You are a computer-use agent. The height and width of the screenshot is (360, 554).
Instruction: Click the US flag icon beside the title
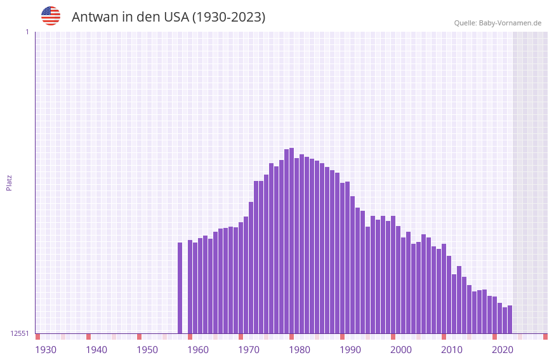[x=51, y=16]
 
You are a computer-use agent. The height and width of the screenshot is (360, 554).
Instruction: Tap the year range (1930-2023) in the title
[x=228, y=17]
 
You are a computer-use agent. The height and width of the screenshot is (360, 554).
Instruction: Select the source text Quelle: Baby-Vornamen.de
[x=498, y=23]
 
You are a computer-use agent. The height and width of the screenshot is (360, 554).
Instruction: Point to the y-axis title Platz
[x=9, y=182]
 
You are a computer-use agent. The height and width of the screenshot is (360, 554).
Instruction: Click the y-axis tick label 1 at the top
[x=27, y=32]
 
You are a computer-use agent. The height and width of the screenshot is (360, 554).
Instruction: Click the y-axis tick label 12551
[x=19, y=333]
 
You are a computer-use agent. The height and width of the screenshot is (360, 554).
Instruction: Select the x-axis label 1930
[x=46, y=350]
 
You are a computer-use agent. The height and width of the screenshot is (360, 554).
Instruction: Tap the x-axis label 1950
[x=147, y=350]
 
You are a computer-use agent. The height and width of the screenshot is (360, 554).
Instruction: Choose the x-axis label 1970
[x=249, y=350]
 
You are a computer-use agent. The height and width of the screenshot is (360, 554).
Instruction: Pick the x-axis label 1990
[x=350, y=350]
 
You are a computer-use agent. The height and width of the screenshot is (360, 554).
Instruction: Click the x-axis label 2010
[x=452, y=350]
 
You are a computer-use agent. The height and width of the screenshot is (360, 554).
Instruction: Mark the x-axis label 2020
[x=503, y=350]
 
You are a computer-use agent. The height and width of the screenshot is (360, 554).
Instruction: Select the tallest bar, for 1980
[x=291, y=241]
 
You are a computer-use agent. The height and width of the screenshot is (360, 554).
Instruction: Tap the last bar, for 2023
[x=510, y=319]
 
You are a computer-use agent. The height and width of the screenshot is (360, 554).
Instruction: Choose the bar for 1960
[x=190, y=286]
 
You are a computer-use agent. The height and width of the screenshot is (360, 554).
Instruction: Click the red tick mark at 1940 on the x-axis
[x=88, y=337]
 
